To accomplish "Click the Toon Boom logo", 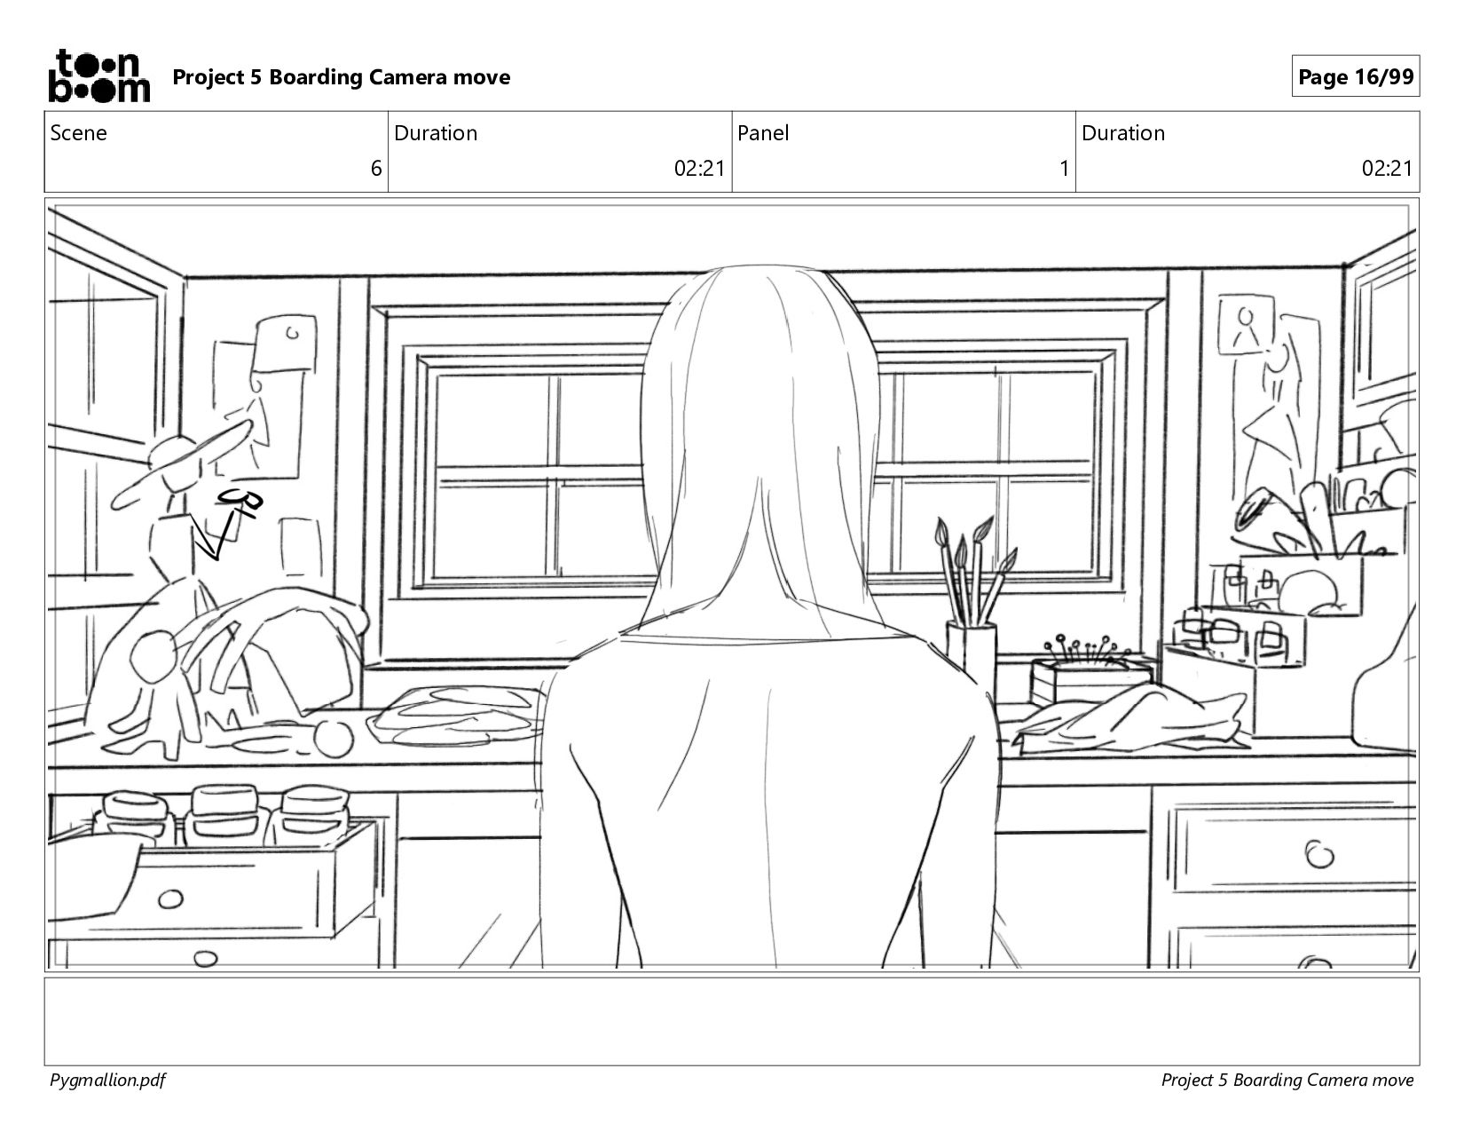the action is [98, 76].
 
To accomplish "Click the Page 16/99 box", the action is [1355, 77].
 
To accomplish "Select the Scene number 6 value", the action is [376, 169].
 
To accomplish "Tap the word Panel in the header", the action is [763, 133].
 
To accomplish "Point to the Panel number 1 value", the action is [1064, 169].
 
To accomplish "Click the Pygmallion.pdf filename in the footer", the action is [107, 1080].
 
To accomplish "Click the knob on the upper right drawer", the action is [1318, 855].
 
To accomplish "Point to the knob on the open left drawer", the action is [170, 900].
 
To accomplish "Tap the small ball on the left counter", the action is [334, 739].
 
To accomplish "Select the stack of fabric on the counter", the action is [457, 716].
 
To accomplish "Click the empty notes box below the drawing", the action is [731, 1021].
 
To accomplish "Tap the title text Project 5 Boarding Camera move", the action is [341, 77].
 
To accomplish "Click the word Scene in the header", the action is [78, 133].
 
